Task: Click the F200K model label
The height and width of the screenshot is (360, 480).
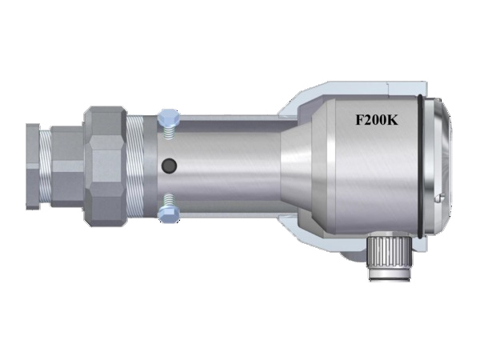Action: coord(376,122)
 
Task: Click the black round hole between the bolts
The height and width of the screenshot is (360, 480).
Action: coord(168,166)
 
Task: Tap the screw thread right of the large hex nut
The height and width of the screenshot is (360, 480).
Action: coord(136,165)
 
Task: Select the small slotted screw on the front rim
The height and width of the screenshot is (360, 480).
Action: coord(438,198)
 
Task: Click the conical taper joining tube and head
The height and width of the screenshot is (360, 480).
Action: coord(296,164)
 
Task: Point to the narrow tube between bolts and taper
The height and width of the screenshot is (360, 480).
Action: coord(232,164)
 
